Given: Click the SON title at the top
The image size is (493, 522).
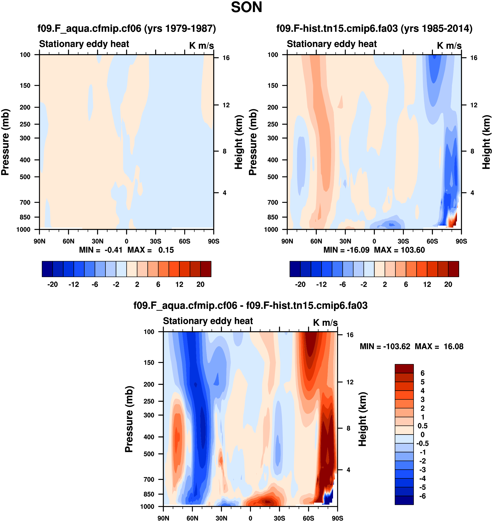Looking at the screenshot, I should click(x=246, y=7).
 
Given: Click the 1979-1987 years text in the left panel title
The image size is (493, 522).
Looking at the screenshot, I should click(x=180, y=28).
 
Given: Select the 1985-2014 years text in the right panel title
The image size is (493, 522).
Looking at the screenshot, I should click(x=436, y=28).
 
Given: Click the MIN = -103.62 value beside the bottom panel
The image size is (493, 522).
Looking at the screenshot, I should click(x=385, y=346).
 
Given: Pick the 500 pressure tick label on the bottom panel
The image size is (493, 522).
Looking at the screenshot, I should click(x=149, y=454).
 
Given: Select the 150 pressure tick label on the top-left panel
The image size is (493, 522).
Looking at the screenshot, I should click(x=25, y=86).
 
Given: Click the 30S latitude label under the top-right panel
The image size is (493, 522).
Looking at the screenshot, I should click(x=403, y=241).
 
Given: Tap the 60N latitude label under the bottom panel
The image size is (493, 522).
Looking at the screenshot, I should click(x=192, y=518).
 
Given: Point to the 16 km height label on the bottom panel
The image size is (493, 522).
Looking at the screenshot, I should click(x=350, y=335).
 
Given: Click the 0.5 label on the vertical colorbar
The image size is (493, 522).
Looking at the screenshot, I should click(x=423, y=426).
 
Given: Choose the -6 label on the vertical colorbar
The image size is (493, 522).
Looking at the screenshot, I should click(x=423, y=496).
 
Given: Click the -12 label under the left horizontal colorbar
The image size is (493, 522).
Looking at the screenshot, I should click(x=74, y=285).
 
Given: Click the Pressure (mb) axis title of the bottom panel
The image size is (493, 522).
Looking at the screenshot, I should click(x=129, y=419).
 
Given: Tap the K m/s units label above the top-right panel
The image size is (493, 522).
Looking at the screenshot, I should click(x=449, y=46).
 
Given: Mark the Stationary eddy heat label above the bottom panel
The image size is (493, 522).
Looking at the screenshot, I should click(x=208, y=321).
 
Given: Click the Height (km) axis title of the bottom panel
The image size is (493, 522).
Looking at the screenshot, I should click(x=363, y=419).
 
